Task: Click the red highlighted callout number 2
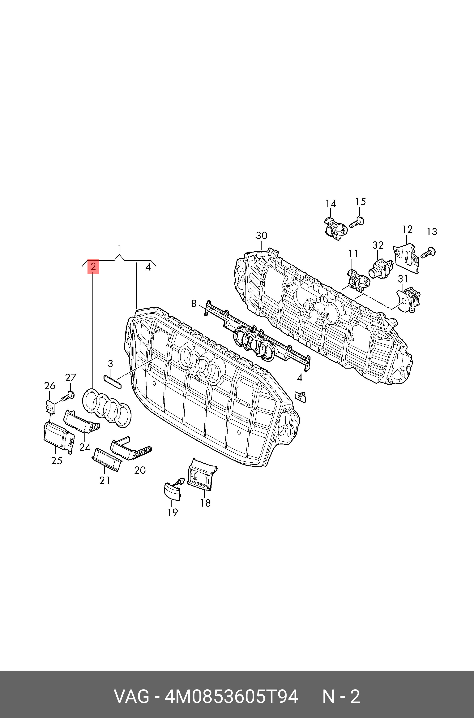pos(93,266)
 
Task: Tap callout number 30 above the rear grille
pos(262,236)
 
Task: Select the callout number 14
pos(331,204)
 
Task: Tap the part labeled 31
pos(408,299)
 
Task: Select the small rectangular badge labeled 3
pos(113,382)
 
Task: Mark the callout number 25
pos(57,461)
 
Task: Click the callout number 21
pos(105,480)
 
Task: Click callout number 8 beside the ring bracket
pos(194,303)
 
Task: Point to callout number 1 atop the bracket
pos(120,249)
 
